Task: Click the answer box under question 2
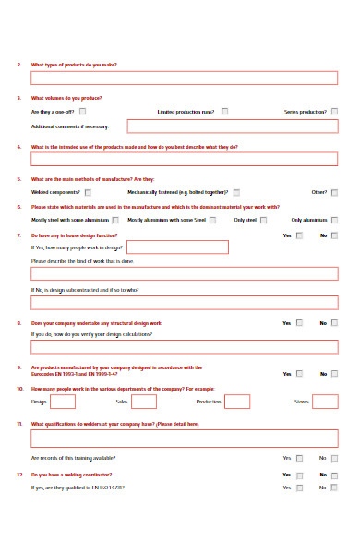(184, 78)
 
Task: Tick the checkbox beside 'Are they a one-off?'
(83, 112)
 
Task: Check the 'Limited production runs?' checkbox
(223, 112)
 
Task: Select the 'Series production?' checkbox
(333, 112)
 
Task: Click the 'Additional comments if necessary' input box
(232, 126)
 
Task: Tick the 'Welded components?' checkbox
(83, 192)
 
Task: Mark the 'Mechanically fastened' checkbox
(236, 192)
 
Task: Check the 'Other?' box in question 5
(334, 192)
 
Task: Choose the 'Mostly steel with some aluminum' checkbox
(116, 221)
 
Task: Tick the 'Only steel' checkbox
(263, 221)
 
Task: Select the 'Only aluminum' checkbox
(334, 221)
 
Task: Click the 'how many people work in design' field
(177, 247)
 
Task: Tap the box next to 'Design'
(63, 402)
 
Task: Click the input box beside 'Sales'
(143, 402)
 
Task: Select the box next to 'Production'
(237, 402)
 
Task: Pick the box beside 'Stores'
(325, 402)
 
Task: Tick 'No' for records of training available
(334, 458)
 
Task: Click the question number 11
(19, 424)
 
